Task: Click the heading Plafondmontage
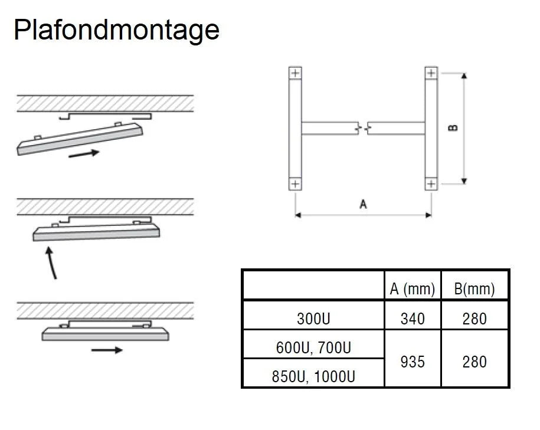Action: pos(116,29)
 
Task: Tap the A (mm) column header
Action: pos(412,289)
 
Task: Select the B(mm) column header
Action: pos(474,289)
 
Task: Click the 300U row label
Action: pos(313,319)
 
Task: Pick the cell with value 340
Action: pos(412,319)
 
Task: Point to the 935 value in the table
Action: pos(412,361)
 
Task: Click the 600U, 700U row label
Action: pos(313,348)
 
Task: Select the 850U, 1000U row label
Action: pos(313,376)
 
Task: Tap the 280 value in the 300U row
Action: pos(474,319)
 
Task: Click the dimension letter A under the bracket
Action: pos(364,204)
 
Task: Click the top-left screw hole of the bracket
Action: pos(295,73)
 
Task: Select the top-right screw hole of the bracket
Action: pos(431,73)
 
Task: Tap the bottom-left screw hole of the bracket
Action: pos(295,184)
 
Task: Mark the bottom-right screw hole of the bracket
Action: pos(431,184)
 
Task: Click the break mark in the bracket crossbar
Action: pos(364,127)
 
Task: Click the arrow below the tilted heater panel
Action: pos(84,154)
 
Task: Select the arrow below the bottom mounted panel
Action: pos(107,350)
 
